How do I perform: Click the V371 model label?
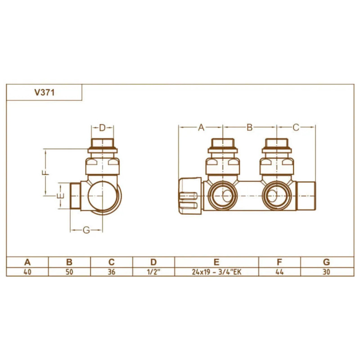pyautogui.click(x=45, y=93)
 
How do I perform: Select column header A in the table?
pyautogui.click(x=27, y=262)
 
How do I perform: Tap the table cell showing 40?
pyautogui.click(x=27, y=272)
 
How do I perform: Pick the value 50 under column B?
pyautogui.click(x=69, y=272)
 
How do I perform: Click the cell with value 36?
pyautogui.click(x=112, y=272)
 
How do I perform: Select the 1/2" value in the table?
pyautogui.click(x=153, y=272)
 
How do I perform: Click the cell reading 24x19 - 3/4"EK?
pyautogui.click(x=216, y=272)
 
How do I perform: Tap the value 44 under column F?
pyautogui.click(x=279, y=272)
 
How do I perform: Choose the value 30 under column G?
pyautogui.click(x=327, y=272)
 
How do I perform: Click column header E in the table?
pyautogui.click(x=216, y=262)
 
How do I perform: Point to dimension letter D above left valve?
pyautogui.click(x=102, y=128)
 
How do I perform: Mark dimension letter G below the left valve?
pyautogui.click(x=87, y=230)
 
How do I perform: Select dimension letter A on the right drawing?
pyautogui.click(x=201, y=128)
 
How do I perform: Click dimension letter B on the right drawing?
pyautogui.click(x=249, y=128)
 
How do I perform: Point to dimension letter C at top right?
pyautogui.click(x=296, y=128)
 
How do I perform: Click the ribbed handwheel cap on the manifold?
pyautogui.click(x=189, y=196)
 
